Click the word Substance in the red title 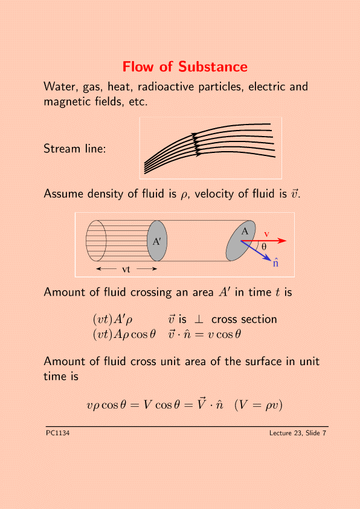(213, 67)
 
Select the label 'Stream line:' (75, 149)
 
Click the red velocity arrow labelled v (264, 241)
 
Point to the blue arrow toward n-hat (256, 250)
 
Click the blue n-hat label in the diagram (275, 262)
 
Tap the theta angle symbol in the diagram (264, 247)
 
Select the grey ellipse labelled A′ (157, 241)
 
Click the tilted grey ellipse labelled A (240, 241)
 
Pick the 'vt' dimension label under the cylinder (126, 269)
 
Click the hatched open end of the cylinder (96, 241)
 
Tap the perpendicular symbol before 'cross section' (199, 319)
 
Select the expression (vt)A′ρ (112, 319)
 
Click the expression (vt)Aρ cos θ (124, 334)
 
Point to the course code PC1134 (58, 433)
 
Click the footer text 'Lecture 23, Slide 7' (298, 433)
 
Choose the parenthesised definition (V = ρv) (259, 405)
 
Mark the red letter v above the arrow (266, 234)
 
